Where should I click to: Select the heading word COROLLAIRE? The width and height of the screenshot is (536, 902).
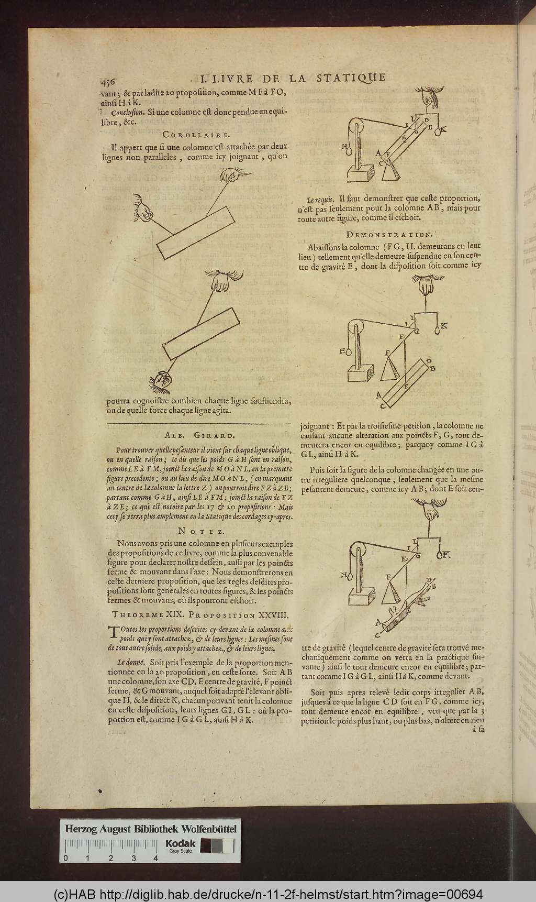coord(196,135)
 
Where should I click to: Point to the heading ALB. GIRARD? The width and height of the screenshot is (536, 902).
coord(199,435)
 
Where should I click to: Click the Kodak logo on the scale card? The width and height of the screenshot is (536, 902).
coord(181,843)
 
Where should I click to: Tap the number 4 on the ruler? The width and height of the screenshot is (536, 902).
coord(155,858)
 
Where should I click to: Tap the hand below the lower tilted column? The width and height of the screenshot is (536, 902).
coord(161,382)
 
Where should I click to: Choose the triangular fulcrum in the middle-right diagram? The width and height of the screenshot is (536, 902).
coord(388,367)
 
